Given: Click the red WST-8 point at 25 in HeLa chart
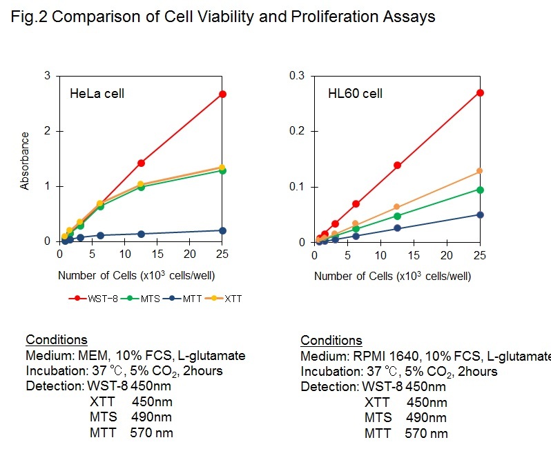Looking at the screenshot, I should click(x=222, y=94).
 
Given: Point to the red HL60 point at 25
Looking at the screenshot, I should click(x=480, y=92).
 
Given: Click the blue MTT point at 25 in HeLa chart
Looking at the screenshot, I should click(x=222, y=230).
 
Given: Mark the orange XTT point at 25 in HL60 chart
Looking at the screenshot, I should click(x=480, y=171).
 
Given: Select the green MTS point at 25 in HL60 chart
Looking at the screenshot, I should click(x=480, y=190).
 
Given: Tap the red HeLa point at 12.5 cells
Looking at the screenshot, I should click(x=141, y=163).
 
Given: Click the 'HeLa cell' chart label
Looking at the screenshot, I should click(x=97, y=94).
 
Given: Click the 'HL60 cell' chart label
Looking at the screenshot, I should click(x=355, y=94).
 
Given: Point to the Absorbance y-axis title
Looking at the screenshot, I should click(x=25, y=161).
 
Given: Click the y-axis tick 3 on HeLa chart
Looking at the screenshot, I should click(x=47, y=75).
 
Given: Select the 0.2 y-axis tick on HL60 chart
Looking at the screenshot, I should click(x=297, y=131).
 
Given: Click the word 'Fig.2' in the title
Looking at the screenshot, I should click(x=29, y=17).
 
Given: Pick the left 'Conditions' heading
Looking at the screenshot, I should click(x=56, y=340).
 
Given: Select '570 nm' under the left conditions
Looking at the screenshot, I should click(x=151, y=433).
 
